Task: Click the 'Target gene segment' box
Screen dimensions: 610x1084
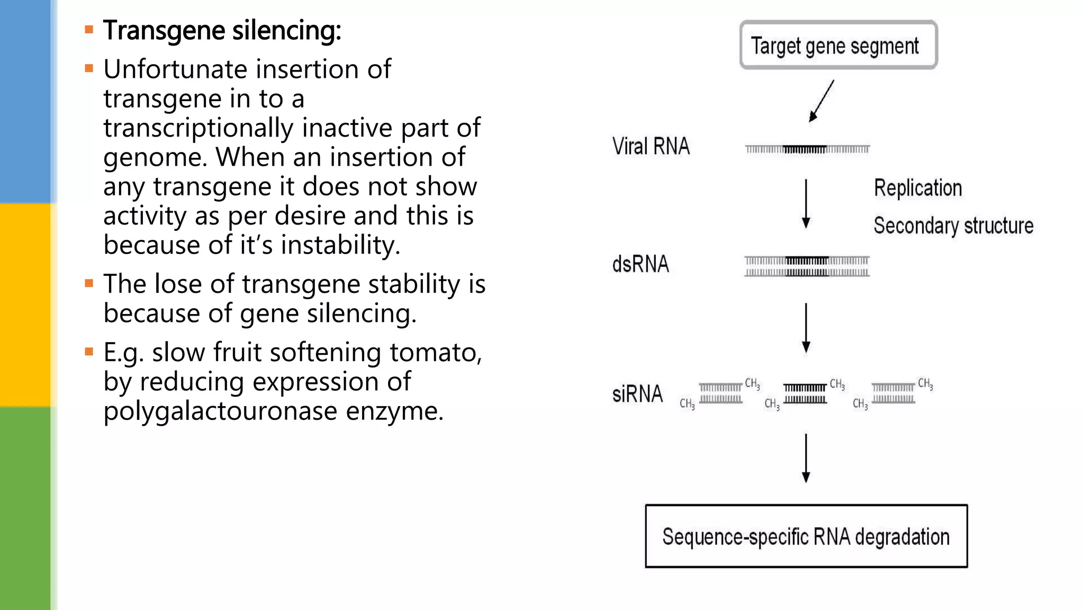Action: pos(838,46)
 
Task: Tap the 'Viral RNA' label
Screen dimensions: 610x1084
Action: pos(651,147)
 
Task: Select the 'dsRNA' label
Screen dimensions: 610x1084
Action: pos(640,264)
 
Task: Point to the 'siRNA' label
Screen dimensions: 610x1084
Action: pos(637,394)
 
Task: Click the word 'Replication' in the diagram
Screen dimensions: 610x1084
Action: pos(917,189)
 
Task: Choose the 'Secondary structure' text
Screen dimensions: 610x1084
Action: pos(953,226)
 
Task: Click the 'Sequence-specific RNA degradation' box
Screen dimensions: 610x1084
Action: pos(806,536)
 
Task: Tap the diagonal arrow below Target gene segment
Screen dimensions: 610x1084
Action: pos(821,101)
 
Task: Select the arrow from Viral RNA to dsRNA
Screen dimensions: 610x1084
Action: pos(806,204)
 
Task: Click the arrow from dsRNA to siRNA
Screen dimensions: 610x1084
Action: pos(806,328)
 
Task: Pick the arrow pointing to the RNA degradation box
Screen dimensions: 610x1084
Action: pos(806,458)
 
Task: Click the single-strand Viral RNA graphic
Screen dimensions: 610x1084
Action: pos(807,149)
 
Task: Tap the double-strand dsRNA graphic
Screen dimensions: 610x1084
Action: pos(807,266)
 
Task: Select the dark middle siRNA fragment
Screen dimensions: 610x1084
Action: pos(805,394)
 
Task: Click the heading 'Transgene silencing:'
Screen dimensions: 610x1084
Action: pos(222,31)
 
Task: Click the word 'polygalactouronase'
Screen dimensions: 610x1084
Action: pos(220,411)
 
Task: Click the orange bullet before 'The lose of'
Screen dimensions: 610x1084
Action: pos(89,284)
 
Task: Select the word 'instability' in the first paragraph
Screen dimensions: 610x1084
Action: pos(339,245)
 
